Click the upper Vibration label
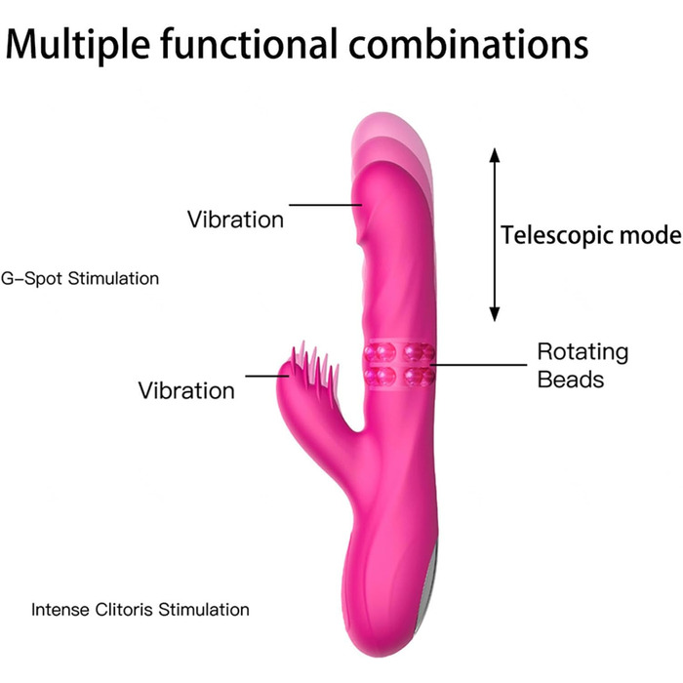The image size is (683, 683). point(235,219)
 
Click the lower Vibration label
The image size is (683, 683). point(186,390)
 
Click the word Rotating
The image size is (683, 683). point(583,352)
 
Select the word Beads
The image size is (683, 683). point(571,379)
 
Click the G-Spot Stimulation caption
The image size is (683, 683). point(80,278)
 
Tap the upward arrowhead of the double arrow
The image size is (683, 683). point(495,156)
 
